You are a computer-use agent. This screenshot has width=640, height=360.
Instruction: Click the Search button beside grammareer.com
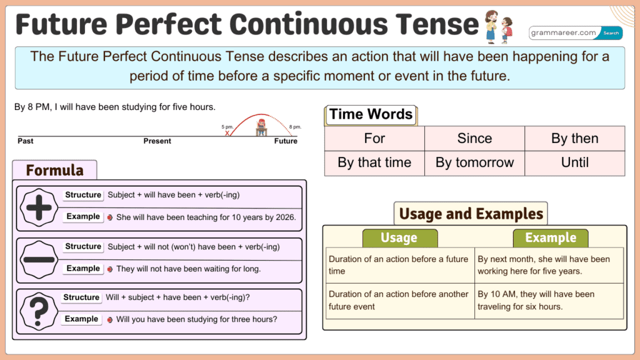[x=611, y=33]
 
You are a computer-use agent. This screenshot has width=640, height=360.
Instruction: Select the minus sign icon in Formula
[x=39, y=258]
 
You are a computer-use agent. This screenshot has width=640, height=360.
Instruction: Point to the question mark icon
[x=39, y=309]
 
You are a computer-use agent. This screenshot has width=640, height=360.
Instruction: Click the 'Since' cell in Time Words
[x=474, y=138]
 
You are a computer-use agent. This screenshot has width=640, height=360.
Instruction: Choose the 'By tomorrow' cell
[x=474, y=162]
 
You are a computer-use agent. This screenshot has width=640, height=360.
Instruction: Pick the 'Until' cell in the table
[x=574, y=162]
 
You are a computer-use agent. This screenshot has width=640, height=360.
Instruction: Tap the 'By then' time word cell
[x=574, y=138]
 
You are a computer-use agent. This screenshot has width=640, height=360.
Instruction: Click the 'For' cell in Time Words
[x=374, y=138]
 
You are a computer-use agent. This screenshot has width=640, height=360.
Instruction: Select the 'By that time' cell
[x=374, y=162]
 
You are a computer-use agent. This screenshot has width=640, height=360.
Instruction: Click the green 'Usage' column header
[x=399, y=238]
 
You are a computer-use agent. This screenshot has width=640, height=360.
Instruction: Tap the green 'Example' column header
[x=550, y=238]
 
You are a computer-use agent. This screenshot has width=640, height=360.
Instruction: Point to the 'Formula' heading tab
[x=55, y=170]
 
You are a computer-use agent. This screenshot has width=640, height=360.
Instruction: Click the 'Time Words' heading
[x=371, y=114]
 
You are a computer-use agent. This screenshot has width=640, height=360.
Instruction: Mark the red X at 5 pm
[x=227, y=132]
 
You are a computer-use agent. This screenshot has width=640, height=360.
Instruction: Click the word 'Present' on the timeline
[x=157, y=141]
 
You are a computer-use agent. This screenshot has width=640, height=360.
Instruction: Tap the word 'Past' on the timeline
[x=26, y=141]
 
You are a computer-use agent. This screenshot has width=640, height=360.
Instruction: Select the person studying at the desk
[x=261, y=127]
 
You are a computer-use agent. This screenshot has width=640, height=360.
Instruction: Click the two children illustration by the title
[x=498, y=26]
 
